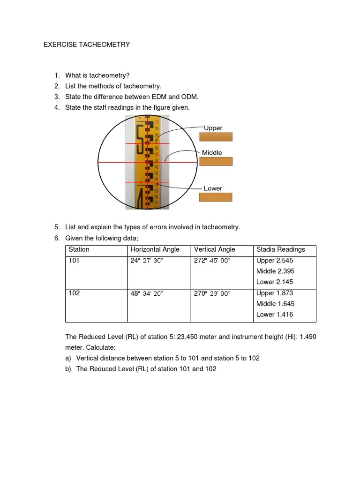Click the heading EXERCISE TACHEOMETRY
coord(87,45)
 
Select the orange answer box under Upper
coord(216,137)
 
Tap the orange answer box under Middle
coord(216,161)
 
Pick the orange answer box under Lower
coord(216,197)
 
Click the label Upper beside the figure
coord(213,128)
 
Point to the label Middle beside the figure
coord(212,152)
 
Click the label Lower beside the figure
coord(213,188)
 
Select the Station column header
coord(79,249)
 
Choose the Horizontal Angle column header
coord(155,249)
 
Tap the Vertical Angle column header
coord(215,249)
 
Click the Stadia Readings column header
coord(281,249)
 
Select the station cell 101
coord(74,261)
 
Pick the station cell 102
coord(74,293)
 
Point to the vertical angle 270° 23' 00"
coord(212,293)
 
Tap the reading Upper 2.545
coord(275,261)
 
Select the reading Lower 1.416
coord(275,314)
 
